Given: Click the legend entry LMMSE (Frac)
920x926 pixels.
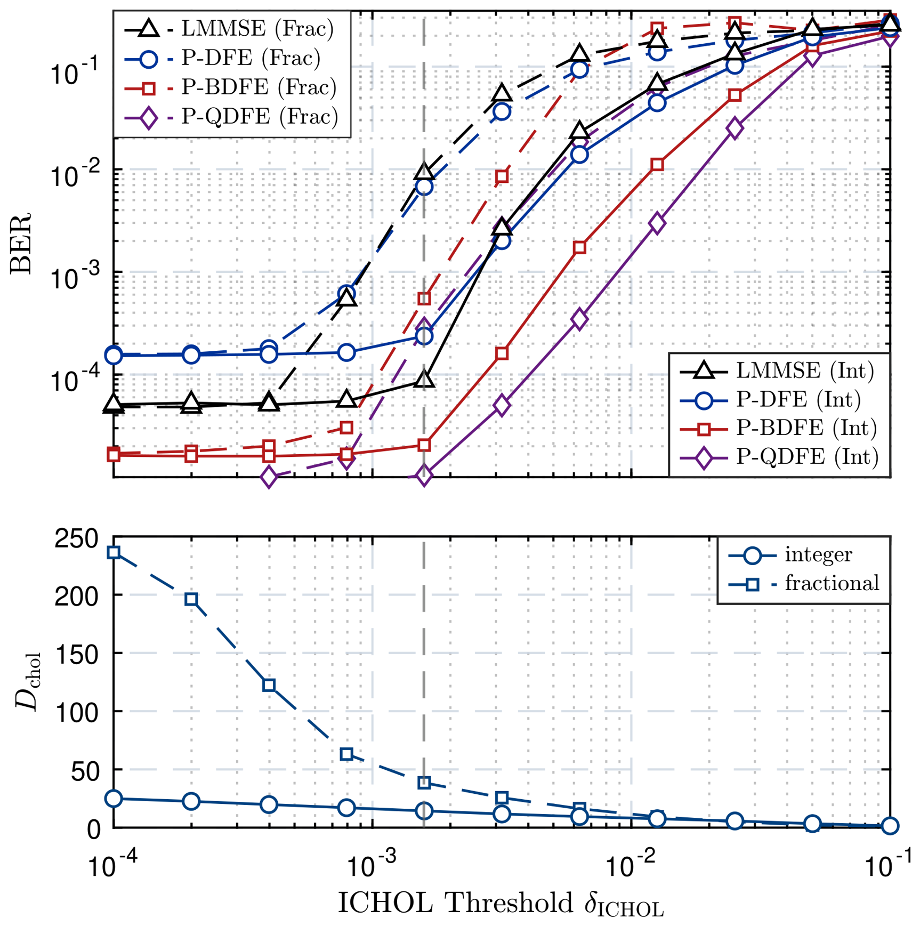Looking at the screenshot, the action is pos(229,28).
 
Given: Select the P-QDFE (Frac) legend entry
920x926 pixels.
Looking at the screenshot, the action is pos(231,116).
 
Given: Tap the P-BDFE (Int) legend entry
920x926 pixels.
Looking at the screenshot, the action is pos(778,428).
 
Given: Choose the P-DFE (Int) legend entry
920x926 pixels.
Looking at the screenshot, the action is pos(770,399).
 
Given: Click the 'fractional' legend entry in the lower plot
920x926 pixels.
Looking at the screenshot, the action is pos(804,584).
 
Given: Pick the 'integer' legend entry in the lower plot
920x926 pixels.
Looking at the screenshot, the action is pos(790,555).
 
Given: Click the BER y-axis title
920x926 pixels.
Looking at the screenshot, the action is pos(21,243).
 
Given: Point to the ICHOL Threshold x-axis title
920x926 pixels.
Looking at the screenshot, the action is pos(501,904).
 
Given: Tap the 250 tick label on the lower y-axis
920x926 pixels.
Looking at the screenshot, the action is pos(77,539).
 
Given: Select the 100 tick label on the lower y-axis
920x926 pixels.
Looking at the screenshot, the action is pos(77,712).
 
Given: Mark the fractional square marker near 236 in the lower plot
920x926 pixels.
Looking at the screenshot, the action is pos(114,552).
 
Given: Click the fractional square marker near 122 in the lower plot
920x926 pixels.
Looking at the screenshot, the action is pos(269,685).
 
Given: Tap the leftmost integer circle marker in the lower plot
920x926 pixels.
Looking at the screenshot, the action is pos(114,798).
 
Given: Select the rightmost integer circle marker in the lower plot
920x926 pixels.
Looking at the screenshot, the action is pos(890,825).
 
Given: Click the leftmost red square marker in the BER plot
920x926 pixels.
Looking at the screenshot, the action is pos(114,454).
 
